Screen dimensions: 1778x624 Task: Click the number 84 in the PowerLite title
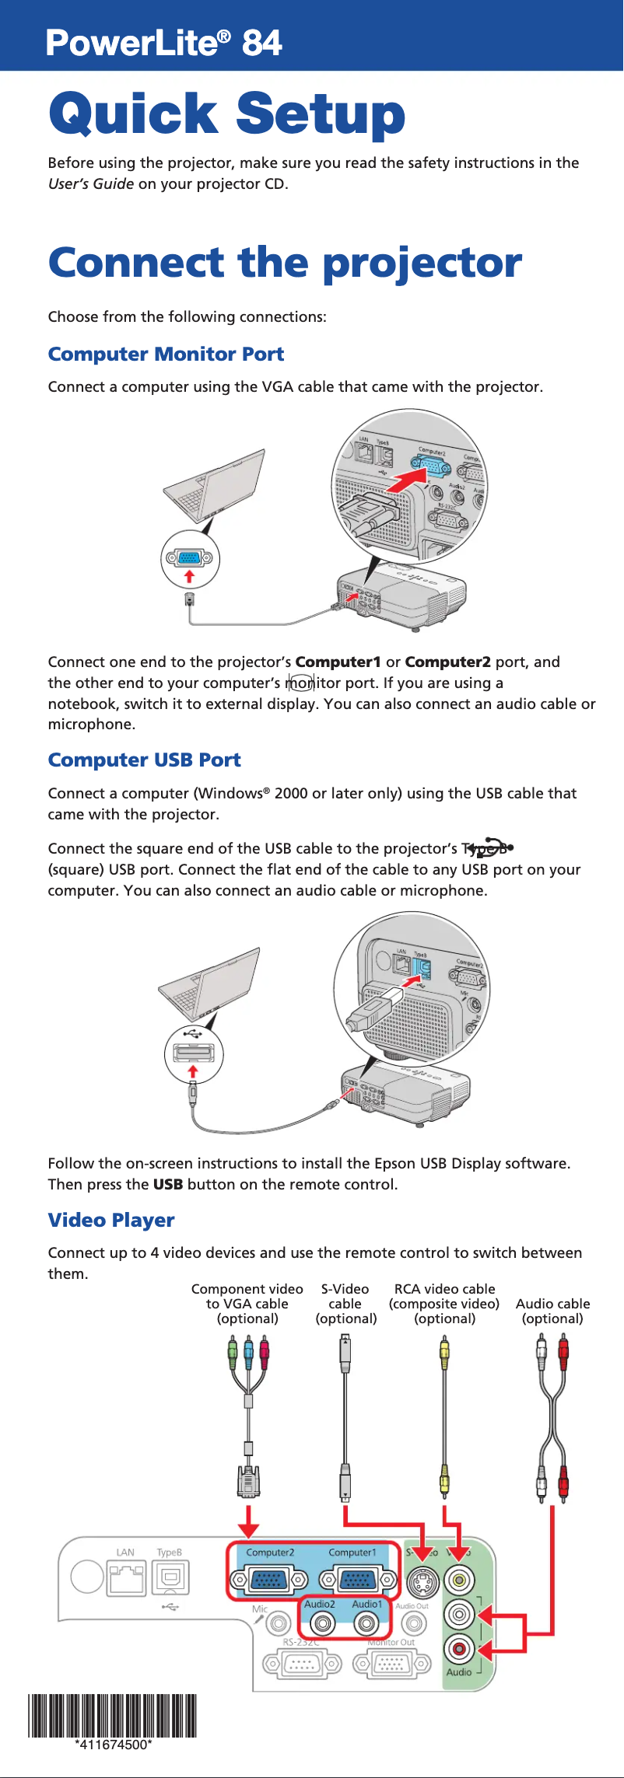click(261, 43)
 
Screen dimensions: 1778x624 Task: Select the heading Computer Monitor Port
click(166, 355)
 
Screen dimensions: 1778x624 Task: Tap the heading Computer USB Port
click(144, 760)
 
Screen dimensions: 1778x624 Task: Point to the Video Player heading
click(111, 1221)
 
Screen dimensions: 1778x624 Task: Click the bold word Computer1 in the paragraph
click(338, 662)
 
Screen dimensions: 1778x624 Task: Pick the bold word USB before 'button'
click(168, 1185)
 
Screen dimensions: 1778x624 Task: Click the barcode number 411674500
click(113, 1745)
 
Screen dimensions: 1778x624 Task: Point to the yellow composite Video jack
click(459, 1580)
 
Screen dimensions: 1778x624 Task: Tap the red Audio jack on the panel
click(459, 1647)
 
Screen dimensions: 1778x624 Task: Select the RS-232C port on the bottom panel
click(301, 1664)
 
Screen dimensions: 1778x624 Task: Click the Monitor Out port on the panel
click(391, 1664)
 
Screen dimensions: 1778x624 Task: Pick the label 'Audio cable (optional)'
click(552, 1311)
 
